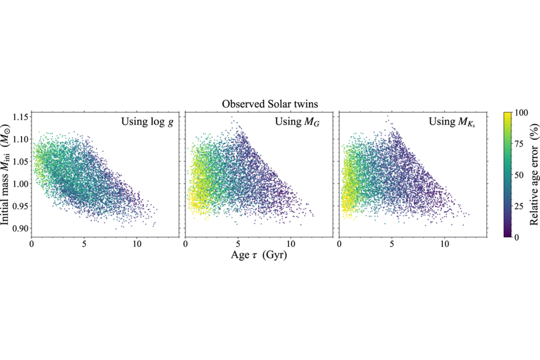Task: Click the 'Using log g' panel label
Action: click(x=148, y=122)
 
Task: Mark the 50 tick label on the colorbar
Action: click(x=519, y=175)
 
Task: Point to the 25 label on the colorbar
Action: click(x=519, y=206)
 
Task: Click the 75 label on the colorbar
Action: click(x=519, y=144)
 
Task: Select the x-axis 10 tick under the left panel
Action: click(x=137, y=245)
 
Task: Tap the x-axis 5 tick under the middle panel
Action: click(x=238, y=245)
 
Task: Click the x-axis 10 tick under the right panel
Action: click(x=444, y=245)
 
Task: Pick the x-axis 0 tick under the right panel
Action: click(x=339, y=245)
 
